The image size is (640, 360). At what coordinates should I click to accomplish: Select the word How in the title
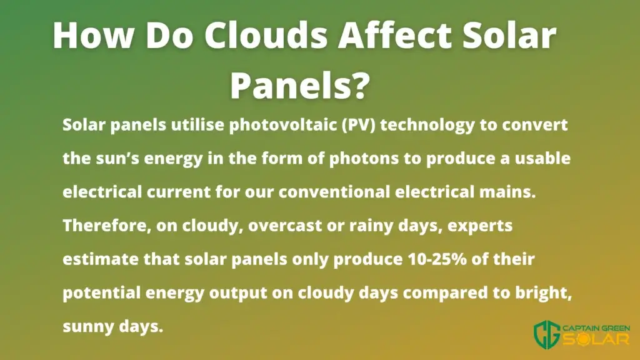coord(94,35)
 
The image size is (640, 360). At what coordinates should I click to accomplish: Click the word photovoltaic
coord(283,125)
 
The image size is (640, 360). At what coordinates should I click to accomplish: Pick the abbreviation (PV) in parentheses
coord(358,125)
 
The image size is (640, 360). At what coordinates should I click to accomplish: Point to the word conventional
coord(334,192)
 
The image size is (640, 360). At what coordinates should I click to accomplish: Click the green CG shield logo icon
coord(547,334)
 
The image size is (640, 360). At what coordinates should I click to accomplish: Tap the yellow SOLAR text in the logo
coord(596,339)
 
